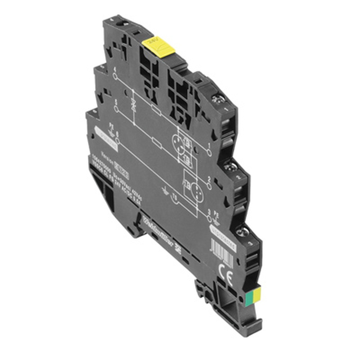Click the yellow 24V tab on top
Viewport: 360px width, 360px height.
click(x=158, y=46)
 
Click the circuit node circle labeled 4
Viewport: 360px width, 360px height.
click(x=116, y=76)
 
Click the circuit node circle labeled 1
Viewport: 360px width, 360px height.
click(x=209, y=153)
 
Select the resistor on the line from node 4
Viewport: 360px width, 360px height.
click(x=156, y=111)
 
